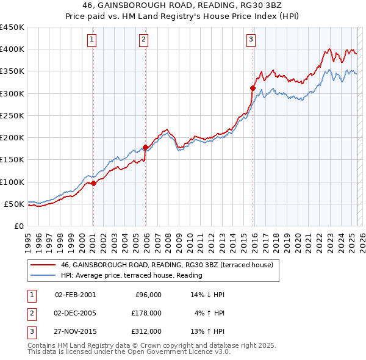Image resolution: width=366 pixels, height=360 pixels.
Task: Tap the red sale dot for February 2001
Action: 93,184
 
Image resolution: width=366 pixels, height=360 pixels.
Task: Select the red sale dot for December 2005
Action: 145,147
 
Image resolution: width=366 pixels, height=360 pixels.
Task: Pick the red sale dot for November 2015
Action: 253,88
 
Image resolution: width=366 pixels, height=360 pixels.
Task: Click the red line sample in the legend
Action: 43,265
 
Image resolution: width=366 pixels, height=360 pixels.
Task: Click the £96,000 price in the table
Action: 147,294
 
